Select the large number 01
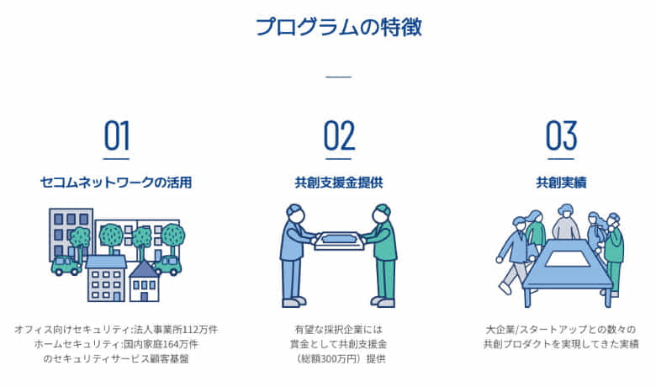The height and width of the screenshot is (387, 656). pyautogui.click(x=117, y=135)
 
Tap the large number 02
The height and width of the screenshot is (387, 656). pyautogui.click(x=338, y=135)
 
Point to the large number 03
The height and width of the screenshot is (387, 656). pyautogui.click(x=560, y=135)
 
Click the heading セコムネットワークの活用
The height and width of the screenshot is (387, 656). pyautogui.click(x=116, y=182)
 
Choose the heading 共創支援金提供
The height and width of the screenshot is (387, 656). pyautogui.click(x=338, y=182)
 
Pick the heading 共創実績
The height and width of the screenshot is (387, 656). pyautogui.click(x=560, y=182)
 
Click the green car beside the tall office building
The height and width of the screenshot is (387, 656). pyautogui.click(x=66, y=266)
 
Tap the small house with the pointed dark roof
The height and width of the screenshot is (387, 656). pyautogui.click(x=145, y=282)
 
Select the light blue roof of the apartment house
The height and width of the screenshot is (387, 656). pyautogui.click(x=106, y=262)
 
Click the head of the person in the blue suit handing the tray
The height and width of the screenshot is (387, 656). pyautogui.click(x=294, y=210)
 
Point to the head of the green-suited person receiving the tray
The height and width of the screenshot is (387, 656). pyautogui.click(x=383, y=210)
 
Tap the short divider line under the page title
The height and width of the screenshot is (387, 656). pyautogui.click(x=338, y=77)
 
